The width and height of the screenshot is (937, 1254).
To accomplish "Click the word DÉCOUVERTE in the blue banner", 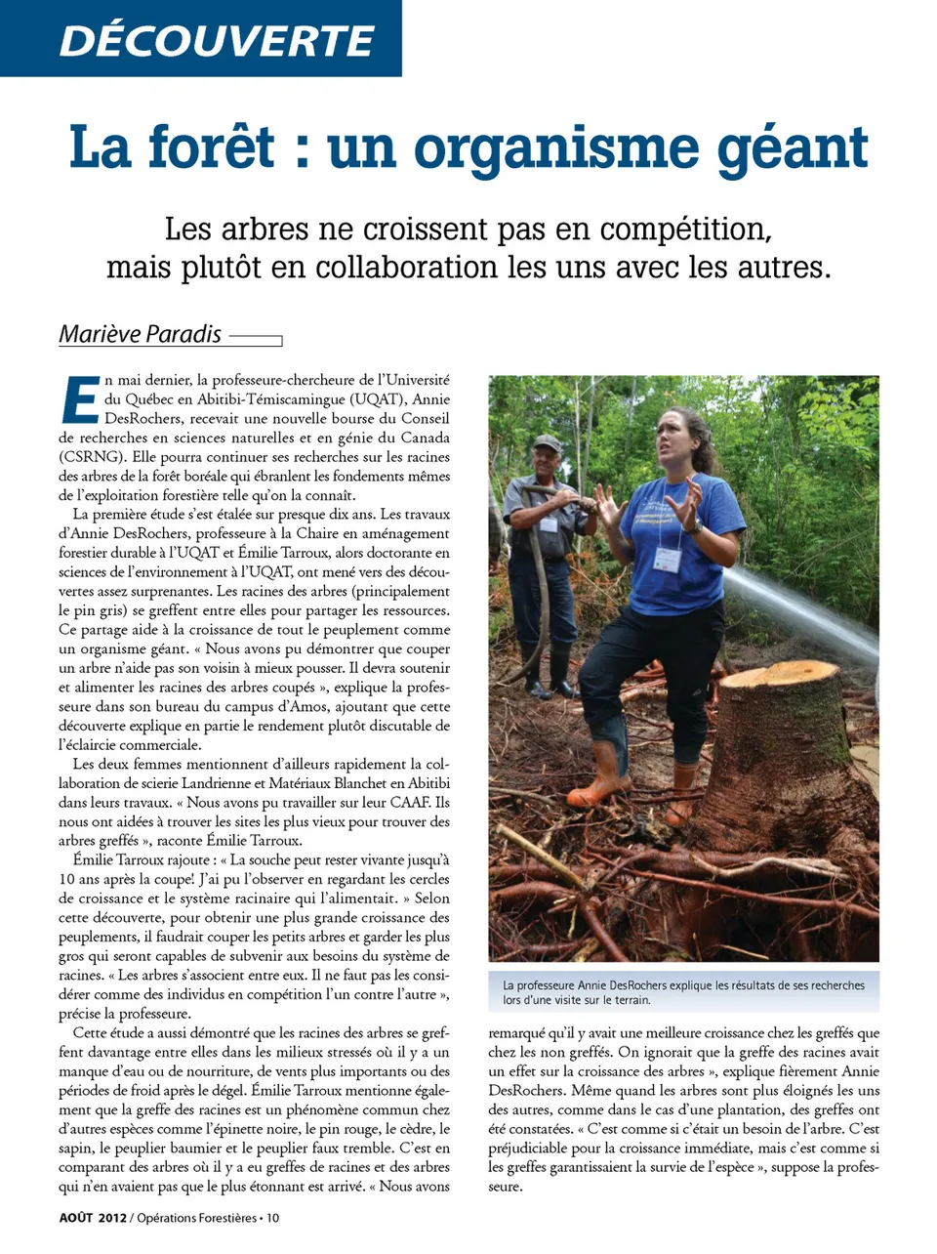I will (216, 40).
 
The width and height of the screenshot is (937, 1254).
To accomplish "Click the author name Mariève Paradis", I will (141, 334).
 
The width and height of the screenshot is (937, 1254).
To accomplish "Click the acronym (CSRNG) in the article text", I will (91, 456).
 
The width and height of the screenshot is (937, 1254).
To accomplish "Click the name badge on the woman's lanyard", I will (667, 559).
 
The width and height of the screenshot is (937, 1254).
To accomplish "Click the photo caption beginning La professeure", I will (683, 992).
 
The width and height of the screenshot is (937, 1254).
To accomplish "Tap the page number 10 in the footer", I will (273, 1218).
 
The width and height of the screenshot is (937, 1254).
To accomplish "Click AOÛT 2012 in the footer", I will (93, 1218).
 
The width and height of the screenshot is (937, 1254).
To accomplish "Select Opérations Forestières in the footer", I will (197, 1218).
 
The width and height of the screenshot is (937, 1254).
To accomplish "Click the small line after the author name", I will (256, 339).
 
